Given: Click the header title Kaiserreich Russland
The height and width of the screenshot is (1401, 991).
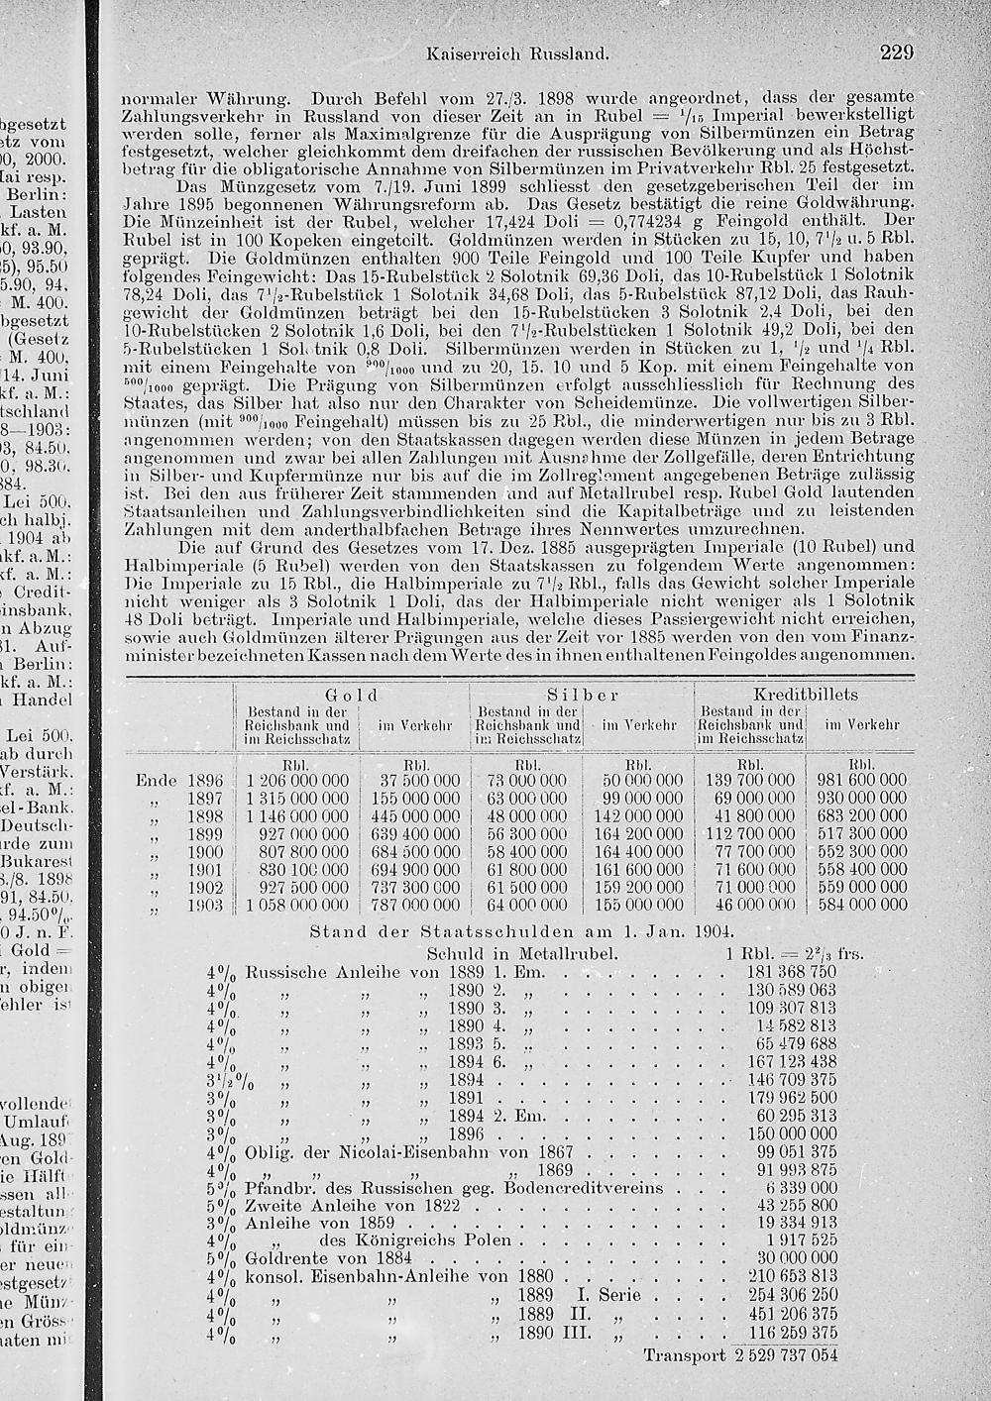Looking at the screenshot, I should pos(515,54).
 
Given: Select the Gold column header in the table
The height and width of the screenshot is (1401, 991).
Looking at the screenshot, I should pos(357,696).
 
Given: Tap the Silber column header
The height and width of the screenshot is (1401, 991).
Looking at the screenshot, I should pos(583,696).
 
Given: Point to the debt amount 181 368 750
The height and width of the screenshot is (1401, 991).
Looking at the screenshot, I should pos(791,972).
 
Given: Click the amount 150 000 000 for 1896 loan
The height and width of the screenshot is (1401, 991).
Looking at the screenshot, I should pos(792,1133).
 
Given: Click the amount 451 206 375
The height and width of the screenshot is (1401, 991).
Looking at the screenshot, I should pos(791,1314).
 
